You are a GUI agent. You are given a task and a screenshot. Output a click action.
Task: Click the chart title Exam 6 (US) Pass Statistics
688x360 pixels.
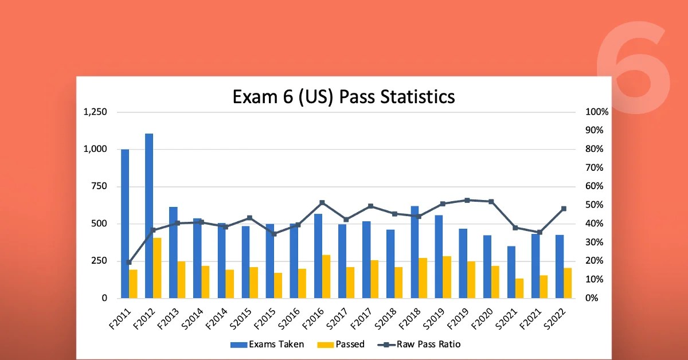pyautogui.click(x=343, y=96)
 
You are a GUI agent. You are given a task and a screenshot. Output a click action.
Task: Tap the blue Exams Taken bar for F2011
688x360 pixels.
pyautogui.click(x=125, y=224)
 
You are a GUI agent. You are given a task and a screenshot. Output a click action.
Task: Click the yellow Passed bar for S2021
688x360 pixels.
pyautogui.click(x=519, y=288)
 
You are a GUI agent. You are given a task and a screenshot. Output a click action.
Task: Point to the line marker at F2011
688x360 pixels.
pyautogui.click(x=129, y=262)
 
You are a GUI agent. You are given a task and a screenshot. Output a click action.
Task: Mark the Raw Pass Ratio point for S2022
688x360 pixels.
pyautogui.click(x=564, y=209)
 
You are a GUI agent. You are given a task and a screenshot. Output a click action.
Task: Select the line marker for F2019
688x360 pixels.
pyautogui.click(x=467, y=200)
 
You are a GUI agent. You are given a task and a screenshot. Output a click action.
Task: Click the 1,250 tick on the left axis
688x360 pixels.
pyautogui.click(x=95, y=112)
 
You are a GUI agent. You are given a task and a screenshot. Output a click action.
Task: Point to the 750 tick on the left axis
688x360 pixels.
pyautogui.click(x=100, y=186)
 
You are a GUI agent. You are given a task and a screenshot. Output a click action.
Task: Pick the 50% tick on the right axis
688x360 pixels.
pyautogui.click(x=595, y=205)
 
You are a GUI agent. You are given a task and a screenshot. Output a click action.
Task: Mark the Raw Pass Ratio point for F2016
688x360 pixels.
pyautogui.click(x=322, y=202)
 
